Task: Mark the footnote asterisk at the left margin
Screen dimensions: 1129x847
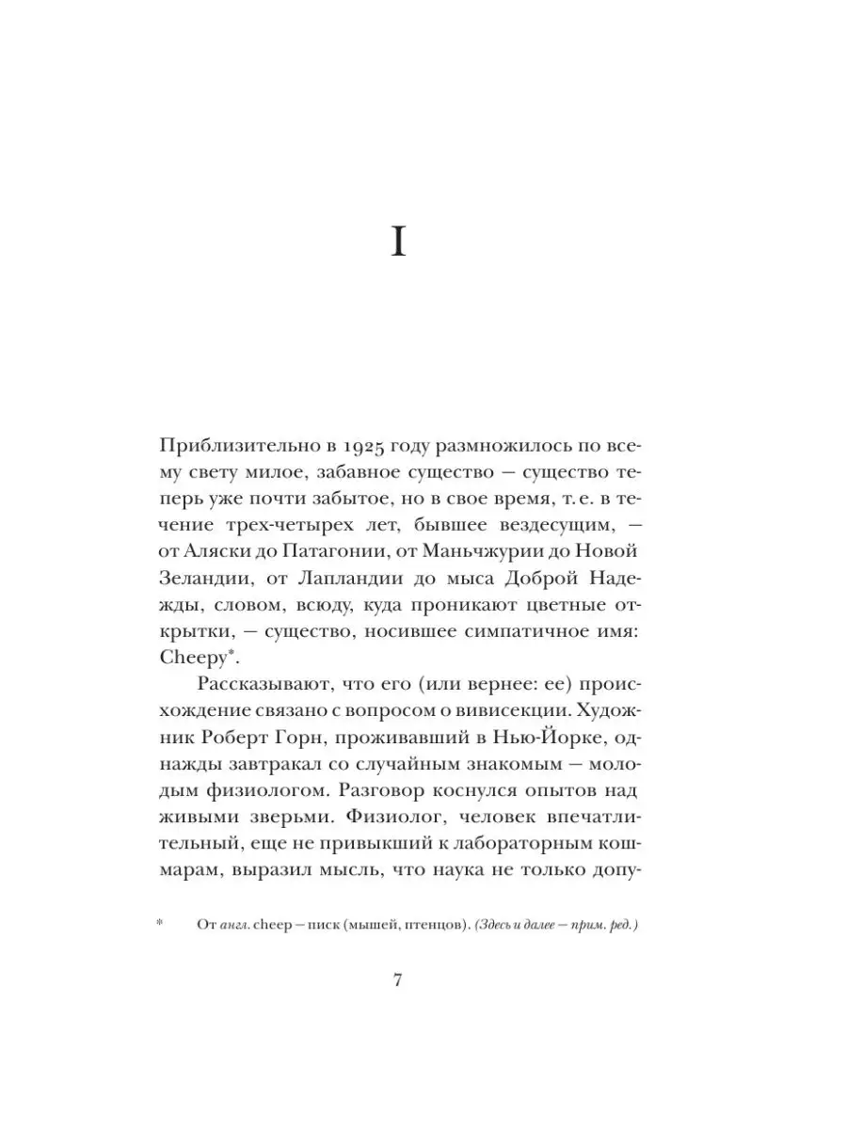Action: point(160,925)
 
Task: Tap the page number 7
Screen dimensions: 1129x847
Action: point(397,979)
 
